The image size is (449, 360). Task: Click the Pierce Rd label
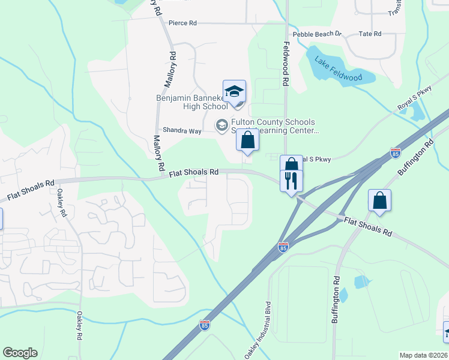point(182,23)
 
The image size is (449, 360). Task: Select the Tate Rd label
point(369,34)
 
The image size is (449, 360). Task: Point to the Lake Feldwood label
point(339,68)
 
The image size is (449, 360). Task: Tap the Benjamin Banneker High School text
point(191,102)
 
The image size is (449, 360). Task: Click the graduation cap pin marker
point(234,92)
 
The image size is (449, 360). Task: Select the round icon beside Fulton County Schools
point(221,125)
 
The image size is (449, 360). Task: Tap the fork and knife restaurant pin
point(291,181)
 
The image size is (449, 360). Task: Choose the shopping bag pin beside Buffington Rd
point(379,201)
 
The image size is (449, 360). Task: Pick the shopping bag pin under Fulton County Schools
point(247,141)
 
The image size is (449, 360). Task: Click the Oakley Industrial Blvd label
point(259,328)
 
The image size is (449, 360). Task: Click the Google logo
point(20,353)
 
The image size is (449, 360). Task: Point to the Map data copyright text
point(424,355)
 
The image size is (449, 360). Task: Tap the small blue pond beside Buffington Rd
point(362,281)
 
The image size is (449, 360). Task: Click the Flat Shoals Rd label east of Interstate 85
point(367,227)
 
